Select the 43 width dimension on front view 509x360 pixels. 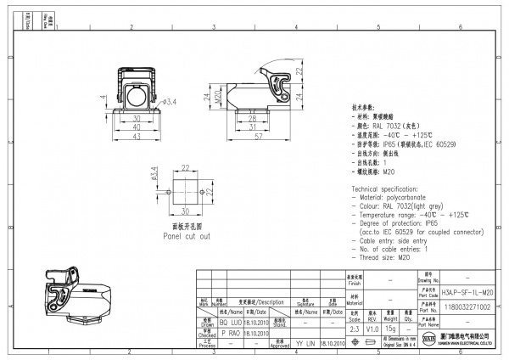coord(137,136)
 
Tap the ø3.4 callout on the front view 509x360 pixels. coord(169,103)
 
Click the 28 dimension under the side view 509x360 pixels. coord(241,120)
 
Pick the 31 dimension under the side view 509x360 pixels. coord(241,127)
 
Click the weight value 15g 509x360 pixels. coord(389,328)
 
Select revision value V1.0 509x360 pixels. coord(372,328)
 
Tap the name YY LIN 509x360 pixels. coord(305,343)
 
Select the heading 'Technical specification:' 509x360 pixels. coord(389,186)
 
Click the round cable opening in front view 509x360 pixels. coord(137,94)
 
